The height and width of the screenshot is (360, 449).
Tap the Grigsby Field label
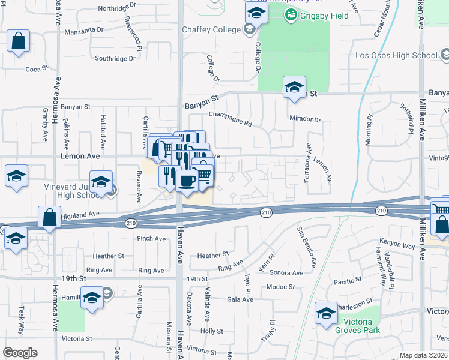312,14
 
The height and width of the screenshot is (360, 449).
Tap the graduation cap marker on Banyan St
294,88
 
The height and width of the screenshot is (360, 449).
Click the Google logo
20,353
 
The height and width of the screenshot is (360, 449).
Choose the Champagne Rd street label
230,118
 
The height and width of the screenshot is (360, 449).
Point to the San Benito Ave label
306,247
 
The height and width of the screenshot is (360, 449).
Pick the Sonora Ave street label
286,273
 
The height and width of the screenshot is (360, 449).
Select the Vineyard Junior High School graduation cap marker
101,182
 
